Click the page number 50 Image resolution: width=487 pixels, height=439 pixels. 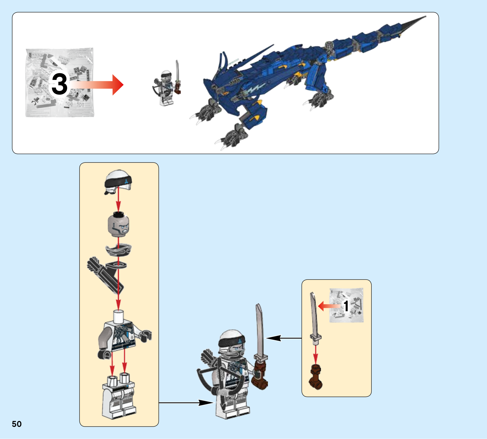coord(17,424)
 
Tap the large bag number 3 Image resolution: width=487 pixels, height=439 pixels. coord(59,84)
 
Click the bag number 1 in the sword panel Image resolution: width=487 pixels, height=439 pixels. coord(346,306)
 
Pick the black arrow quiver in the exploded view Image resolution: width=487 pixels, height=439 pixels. coord(105,274)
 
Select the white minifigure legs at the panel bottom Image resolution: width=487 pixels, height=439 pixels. coord(119,397)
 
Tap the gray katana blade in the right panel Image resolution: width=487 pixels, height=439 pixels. coord(314,316)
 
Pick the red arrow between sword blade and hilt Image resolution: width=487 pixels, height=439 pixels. coord(316,354)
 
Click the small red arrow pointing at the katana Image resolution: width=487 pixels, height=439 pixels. coord(329,306)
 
